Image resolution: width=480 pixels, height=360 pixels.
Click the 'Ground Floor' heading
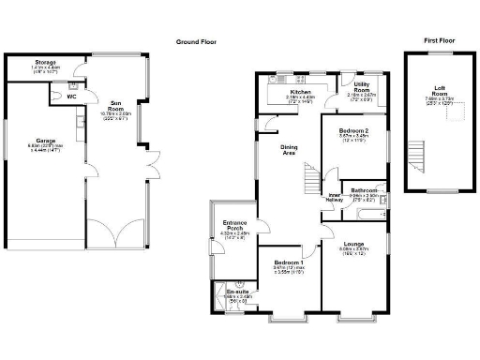tap(198, 42)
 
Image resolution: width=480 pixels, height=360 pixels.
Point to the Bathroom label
tap(364, 191)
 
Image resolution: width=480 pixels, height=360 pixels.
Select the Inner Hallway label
tap(334, 198)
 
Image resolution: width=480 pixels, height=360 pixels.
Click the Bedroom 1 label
tap(288, 263)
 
